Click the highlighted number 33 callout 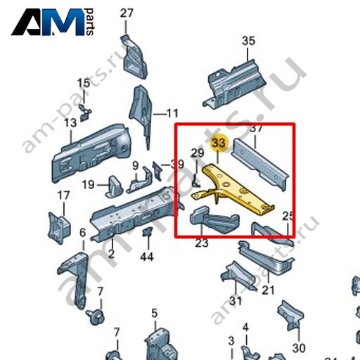(219, 143)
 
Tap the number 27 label (127, 13)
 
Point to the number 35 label (248, 41)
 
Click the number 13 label (70, 123)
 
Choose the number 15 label (84, 83)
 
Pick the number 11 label (172, 114)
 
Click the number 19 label (89, 185)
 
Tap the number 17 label (63, 195)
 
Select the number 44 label (147, 257)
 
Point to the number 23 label (202, 243)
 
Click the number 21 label (268, 290)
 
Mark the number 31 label (236, 301)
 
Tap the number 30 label (299, 348)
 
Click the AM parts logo (53, 22)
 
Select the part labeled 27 (134, 57)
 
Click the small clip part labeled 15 (85, 113)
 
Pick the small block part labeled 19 (114, 187)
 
